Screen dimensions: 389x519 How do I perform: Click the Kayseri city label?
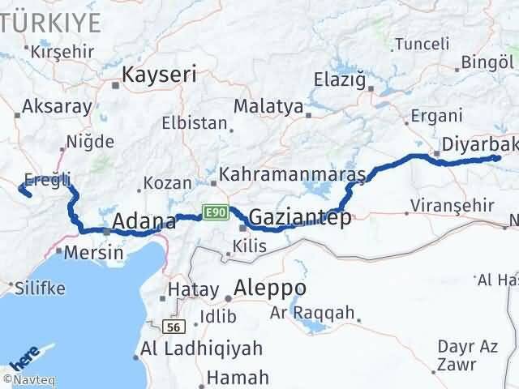(x=159, y=75)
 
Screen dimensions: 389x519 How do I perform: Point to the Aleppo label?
(x=270, y=288)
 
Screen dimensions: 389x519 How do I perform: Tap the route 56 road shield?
(x=170, y=327)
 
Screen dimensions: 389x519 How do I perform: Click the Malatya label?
(x=268, y=106)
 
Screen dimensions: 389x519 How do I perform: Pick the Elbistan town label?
(x=194, y=124)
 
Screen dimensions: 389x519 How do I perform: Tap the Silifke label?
(x=39, y=287)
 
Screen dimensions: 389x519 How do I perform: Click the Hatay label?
(x=193, y=289)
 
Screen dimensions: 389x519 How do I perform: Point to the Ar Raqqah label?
(x=312, y=312)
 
